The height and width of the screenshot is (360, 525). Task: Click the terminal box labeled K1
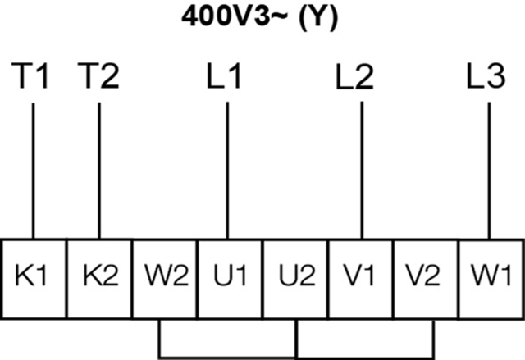coord(34,274)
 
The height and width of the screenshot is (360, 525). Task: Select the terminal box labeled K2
coord(99,274)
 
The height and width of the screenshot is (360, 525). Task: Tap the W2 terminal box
coord(164,274)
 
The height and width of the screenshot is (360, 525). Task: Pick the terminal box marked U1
coord(230,274)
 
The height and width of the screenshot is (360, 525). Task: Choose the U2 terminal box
coord(295,274)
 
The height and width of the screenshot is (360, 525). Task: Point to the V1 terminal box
coord(361,274)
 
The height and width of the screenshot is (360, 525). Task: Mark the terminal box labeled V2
coord(426,274)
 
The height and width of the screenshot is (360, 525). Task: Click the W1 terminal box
coord(491,274)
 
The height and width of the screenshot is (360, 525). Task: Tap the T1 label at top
coord(33,77)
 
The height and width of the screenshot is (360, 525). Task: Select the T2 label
coord(99,77)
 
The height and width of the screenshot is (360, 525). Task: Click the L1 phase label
coord(227,77)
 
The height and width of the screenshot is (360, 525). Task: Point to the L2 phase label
coord(357,77)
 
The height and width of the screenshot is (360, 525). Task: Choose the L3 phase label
coord(486,77)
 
